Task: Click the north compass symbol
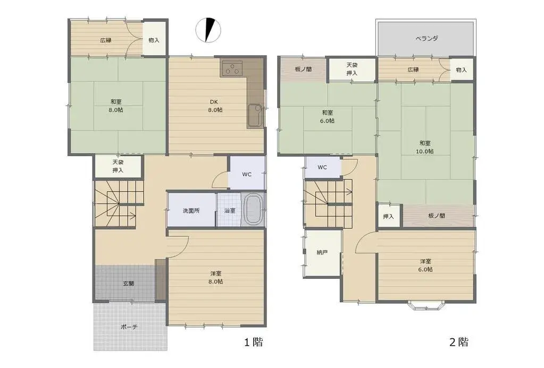point(208,30)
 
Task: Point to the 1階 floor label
point(254,343)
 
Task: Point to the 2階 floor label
point(459,343)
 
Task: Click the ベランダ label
point(426,38)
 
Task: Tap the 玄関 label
point(128,284)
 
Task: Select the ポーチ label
point(129,327)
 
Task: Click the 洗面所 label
point(191,210)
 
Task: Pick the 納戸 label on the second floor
point(322,253)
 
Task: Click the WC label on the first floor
point(247,174)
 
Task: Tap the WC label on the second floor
point(322,167)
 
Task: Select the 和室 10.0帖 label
point(425,147)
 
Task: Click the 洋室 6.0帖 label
point(425,265)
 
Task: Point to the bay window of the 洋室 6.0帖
point(426,305)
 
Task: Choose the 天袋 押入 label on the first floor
point(118,166)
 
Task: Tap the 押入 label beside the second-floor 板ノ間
point(388,217)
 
